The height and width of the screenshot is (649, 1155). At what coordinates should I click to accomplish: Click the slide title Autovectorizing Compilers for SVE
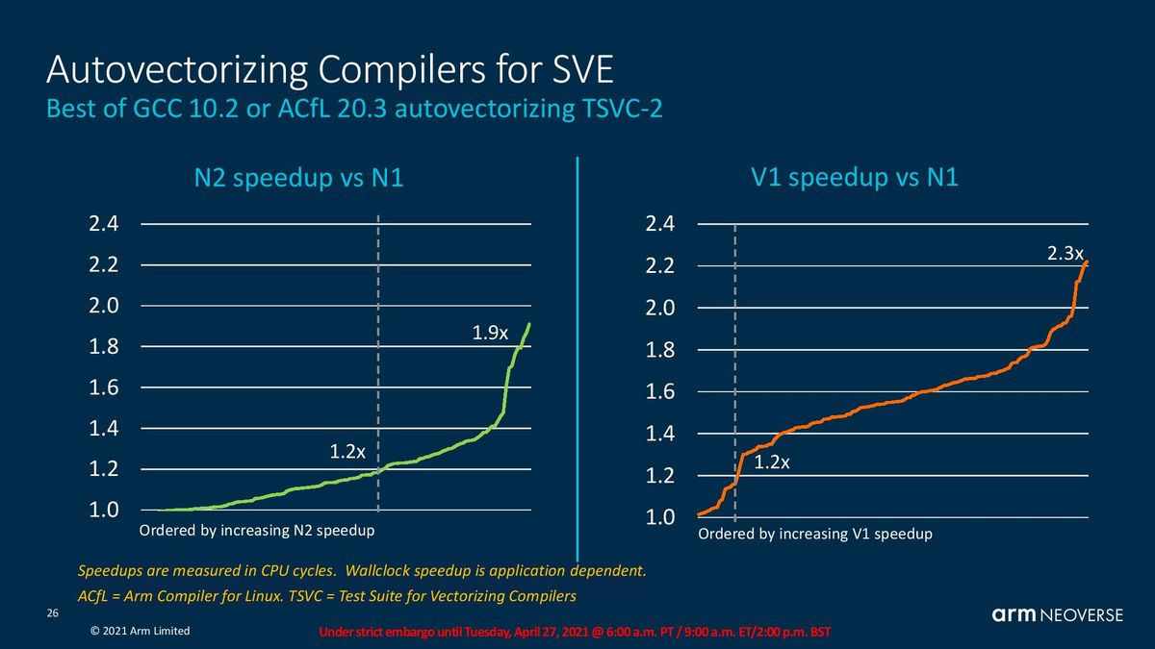pos(330,69)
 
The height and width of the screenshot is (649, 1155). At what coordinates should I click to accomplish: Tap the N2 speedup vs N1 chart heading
pos(298,178)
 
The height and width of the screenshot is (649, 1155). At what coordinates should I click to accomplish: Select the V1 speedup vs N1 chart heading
pos(855,177)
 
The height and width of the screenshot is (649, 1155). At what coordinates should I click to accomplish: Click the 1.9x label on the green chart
pos(490,333)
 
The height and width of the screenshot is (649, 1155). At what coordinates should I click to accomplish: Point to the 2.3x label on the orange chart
pos(1065,254)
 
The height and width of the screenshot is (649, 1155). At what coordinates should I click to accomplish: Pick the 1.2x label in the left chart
pos(347,452)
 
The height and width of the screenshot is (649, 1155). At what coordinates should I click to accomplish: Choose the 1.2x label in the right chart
pos(771,462)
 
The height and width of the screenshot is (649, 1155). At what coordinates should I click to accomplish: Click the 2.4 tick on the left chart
pos(104,223)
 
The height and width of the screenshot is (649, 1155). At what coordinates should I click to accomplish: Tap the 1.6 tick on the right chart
pos(660,392)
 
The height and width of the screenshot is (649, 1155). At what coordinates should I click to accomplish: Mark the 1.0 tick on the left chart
pos(104,510)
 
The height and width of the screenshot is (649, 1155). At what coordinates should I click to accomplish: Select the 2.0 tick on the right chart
pos(660,308)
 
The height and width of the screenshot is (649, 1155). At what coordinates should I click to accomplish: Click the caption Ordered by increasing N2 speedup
pos(257,531)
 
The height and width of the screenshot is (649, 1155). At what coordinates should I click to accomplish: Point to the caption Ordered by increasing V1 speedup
pos(815,535)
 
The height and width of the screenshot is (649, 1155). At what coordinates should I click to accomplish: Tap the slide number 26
pos(53,613)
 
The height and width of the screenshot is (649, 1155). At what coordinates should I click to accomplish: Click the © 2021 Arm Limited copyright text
pos(140,631)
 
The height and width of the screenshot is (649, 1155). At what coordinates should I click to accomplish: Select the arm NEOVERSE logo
pos(1058,614)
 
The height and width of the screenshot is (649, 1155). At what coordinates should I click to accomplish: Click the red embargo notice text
pos(575,632)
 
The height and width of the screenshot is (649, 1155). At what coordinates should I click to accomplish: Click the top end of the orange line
pos(1087,262)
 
